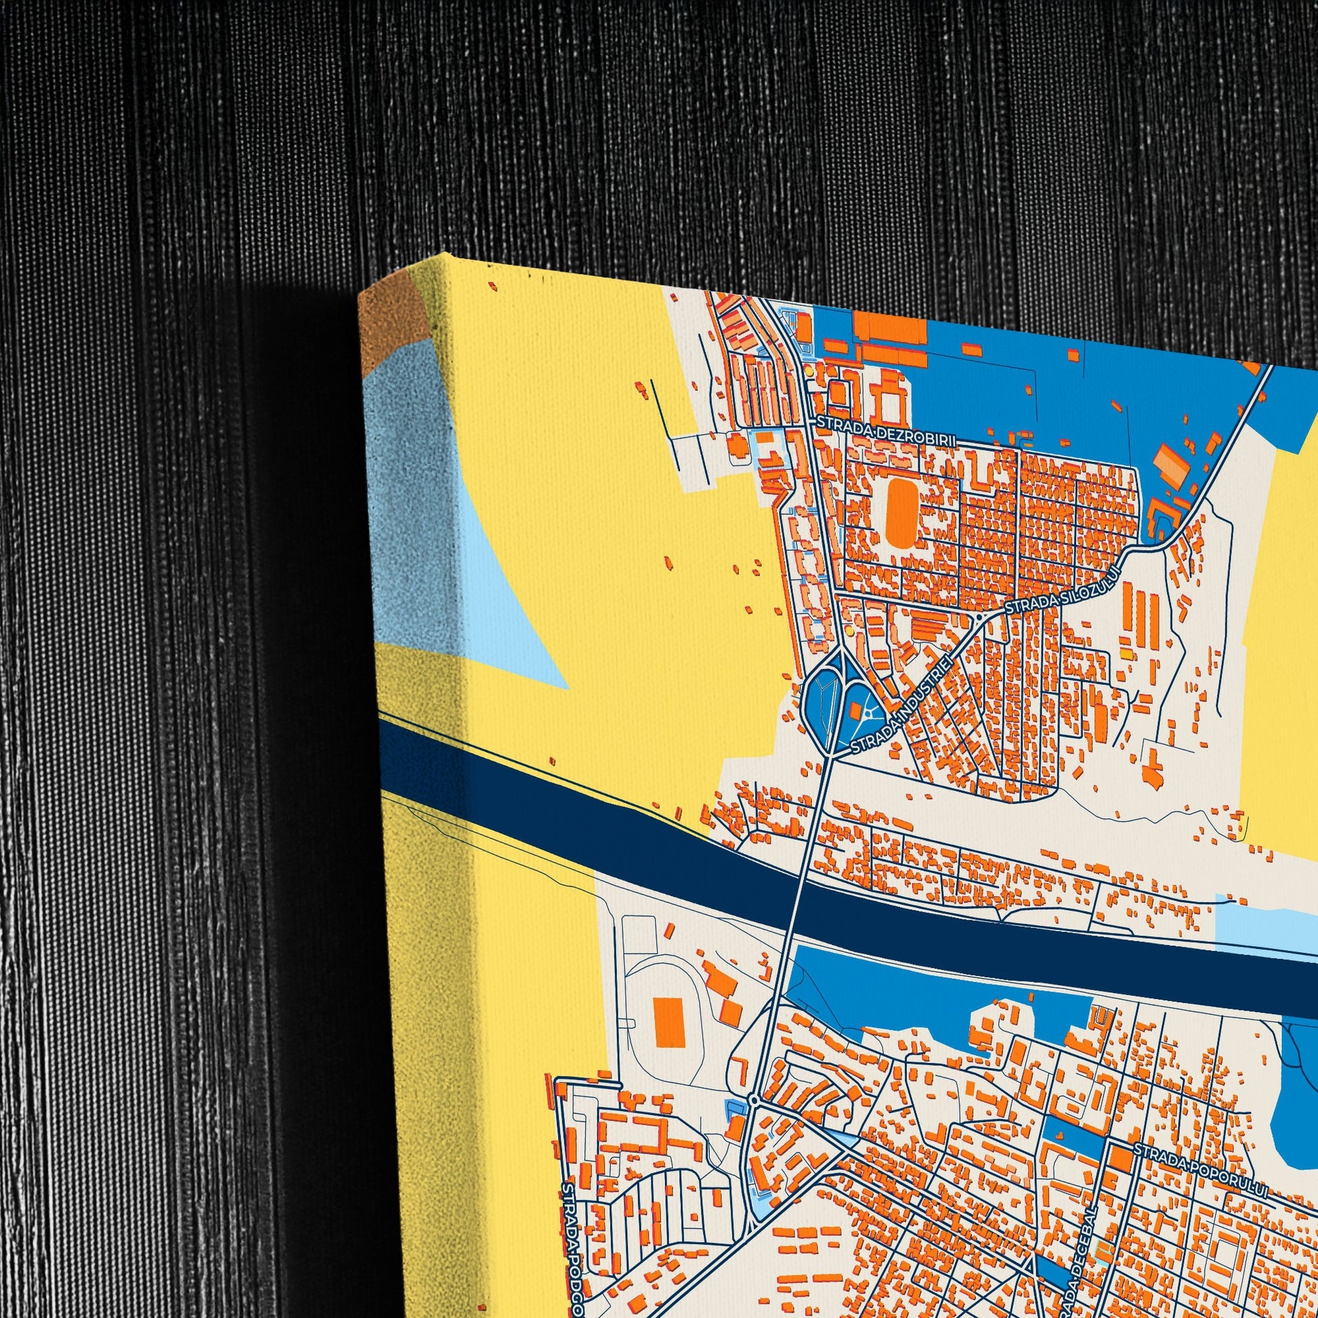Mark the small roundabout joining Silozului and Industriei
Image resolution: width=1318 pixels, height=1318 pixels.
[x=979, y=617]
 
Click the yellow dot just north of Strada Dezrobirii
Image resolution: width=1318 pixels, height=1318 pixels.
[x=809, y=372]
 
